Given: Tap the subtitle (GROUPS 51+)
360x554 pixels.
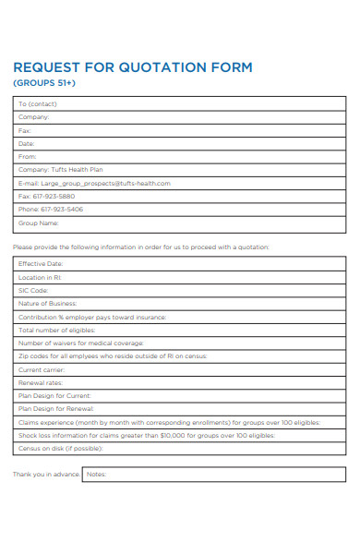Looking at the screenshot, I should coord(44,83).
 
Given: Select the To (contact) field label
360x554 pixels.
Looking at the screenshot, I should coord(37,104).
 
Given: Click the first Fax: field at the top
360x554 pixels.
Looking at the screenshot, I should coord(25,131).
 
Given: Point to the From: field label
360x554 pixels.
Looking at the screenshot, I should coord(27,157).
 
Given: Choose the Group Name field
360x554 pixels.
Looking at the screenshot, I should coord(39,223).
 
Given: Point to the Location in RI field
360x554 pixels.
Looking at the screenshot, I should coord(41,277).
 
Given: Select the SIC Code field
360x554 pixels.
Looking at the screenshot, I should coord(33,290).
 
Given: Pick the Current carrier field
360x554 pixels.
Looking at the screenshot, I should coord(42,369).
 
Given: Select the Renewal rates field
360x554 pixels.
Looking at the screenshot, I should coord(41,382).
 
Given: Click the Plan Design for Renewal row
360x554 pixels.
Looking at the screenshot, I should coord(55,408).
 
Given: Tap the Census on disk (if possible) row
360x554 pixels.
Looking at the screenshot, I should coord(61,448).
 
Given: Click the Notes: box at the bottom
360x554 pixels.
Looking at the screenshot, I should coord(212,475).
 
